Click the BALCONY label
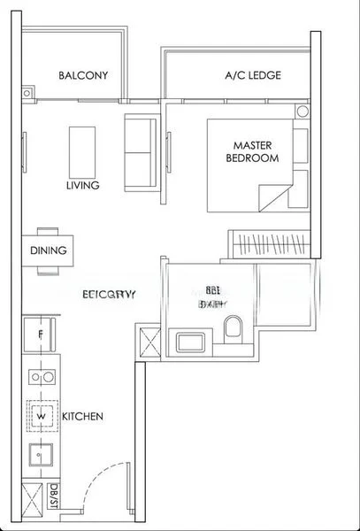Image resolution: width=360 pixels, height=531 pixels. [83, 75]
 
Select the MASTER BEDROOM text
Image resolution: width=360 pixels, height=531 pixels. [257, 151]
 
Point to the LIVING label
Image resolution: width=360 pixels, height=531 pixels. [82, 186]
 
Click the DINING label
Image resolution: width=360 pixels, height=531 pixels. [48, 250]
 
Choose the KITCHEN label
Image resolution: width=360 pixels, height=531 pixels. [82, 416]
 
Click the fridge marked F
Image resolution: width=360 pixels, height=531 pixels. [40, 335]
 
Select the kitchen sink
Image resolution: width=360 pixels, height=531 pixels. [40, 456]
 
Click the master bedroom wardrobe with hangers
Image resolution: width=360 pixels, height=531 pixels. [270, 243]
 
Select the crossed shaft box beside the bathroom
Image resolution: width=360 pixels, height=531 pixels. [147, 342]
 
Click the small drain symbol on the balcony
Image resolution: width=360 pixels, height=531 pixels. [27, 92]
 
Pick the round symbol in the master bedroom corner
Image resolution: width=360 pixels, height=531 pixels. [303, 112]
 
